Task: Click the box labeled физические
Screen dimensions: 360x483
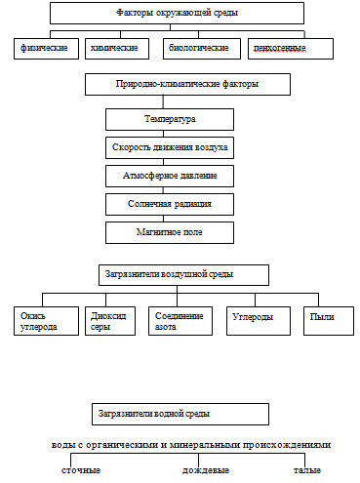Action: coord(46,49)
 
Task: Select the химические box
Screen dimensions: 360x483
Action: coord(117,49)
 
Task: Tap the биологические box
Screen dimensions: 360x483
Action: coord(202,49)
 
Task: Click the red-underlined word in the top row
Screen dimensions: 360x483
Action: coord(280,48)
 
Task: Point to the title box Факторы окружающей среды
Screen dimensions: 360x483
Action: coord(177,13)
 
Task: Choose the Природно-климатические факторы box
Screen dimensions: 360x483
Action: coord(187,84)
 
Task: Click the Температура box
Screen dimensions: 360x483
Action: coord(170,119)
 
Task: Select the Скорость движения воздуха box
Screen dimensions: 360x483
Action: coord(170,147)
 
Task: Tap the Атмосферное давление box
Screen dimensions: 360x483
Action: coord(170,176)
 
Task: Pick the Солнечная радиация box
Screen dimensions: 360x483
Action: coord(170,204)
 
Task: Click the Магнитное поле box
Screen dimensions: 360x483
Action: coord(170,232)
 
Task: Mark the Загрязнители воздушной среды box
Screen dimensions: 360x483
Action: coord(183,275)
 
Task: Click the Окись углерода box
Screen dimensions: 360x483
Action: coord(46,321)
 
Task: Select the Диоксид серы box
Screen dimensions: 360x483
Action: coord(110,321)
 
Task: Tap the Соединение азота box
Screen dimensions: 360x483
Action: coord(180,321)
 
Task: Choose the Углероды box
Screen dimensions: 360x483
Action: coord(259,321)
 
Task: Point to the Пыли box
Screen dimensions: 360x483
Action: coord(329,321)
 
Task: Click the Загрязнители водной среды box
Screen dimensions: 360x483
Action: coord(180,415)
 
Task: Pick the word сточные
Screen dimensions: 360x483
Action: coord(81,470)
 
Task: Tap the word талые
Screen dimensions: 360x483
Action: coord(307,470)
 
